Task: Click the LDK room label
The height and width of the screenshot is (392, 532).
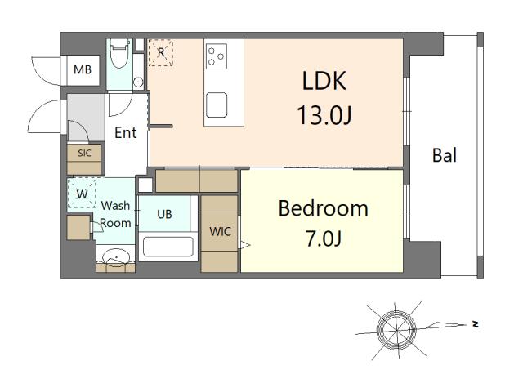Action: (324, 81)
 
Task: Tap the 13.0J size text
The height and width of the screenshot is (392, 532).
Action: (324, 115)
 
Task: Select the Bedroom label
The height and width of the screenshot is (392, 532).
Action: (323, 208)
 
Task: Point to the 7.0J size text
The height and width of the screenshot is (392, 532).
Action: (323, 239)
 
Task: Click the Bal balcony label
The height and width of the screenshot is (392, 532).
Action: (444, 155)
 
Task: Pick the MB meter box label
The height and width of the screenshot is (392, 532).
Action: (83, 69)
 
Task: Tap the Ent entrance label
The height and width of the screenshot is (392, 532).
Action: (125, 132)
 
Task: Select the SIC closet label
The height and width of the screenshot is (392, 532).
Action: (84, 153)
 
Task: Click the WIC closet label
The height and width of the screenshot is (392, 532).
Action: (220, 231)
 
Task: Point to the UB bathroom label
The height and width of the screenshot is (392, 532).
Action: (164, 214)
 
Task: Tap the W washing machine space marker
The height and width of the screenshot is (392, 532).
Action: (82, 195)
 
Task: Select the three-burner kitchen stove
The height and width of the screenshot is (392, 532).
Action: (217, 56)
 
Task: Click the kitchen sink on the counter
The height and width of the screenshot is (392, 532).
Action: (217, 105)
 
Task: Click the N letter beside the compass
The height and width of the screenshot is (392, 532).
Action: (475, 324)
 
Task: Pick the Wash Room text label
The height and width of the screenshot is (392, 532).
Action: (115, 214)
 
